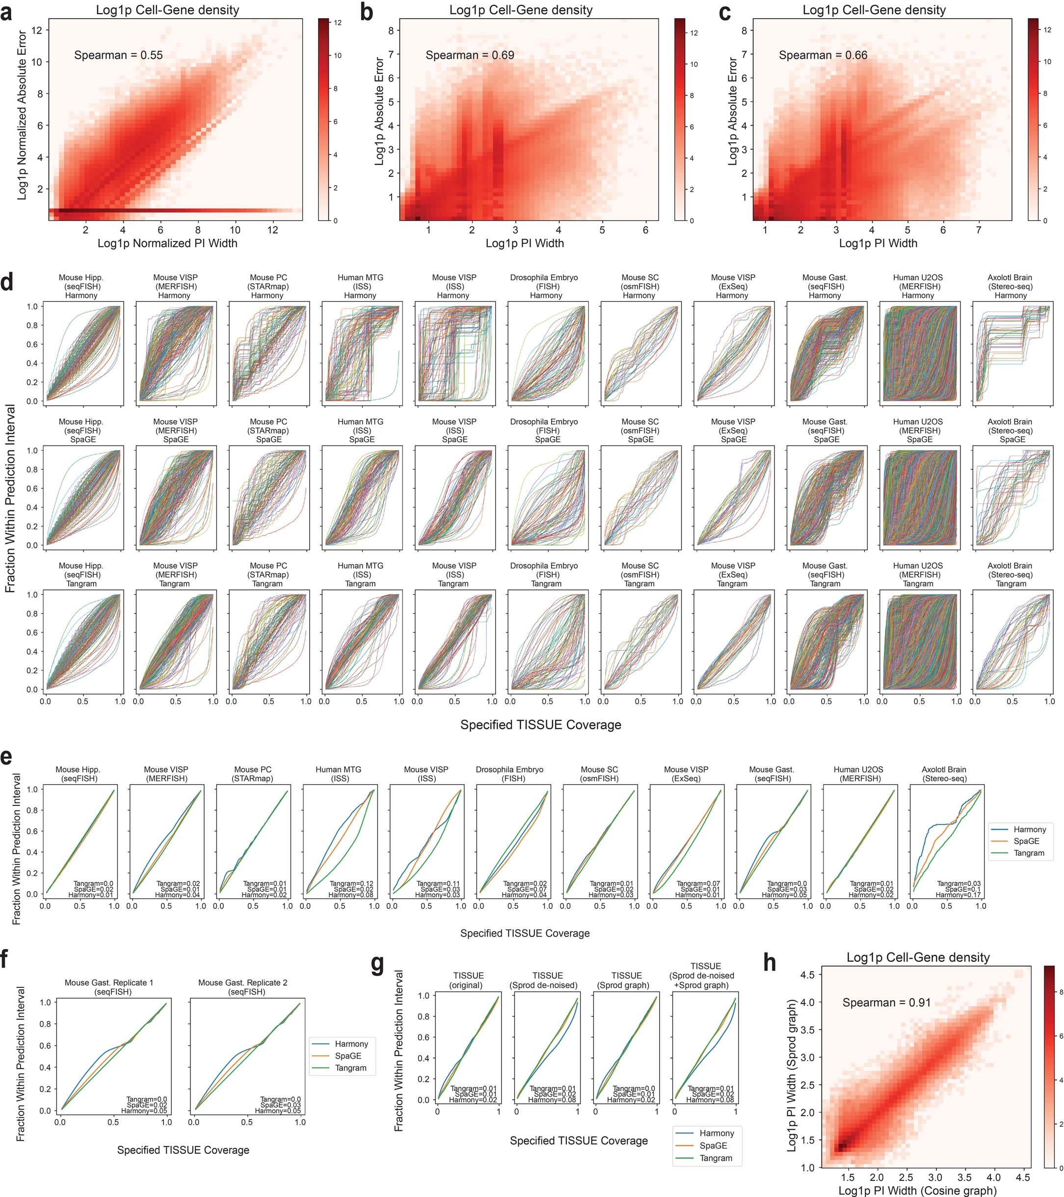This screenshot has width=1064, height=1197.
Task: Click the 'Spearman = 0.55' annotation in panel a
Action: coord(118,55)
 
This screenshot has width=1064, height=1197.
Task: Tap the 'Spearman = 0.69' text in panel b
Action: coord(470,55)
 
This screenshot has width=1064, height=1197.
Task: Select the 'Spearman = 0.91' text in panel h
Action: coord(886,1002)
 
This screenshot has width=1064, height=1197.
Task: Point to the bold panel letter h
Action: coord(770,962)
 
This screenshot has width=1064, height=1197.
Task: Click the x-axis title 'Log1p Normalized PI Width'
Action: coord(167,243)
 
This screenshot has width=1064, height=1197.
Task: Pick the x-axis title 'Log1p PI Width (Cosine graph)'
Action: coord(917,1190)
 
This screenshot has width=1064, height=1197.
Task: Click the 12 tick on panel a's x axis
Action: coord(273,230)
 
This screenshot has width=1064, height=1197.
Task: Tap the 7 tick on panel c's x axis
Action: coord(978,230)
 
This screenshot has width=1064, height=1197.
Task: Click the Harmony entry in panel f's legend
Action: coord(351,1043)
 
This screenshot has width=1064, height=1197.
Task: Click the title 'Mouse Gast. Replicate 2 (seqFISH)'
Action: coord(242,987)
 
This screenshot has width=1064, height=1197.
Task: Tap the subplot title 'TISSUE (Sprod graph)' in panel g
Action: coord(627,980)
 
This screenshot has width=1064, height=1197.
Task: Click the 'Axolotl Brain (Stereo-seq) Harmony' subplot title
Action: coord(1010,286)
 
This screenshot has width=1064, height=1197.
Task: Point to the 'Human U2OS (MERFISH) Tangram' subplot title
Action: coord(918,575)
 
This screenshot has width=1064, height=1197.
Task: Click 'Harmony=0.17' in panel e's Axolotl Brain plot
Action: coord(958,895)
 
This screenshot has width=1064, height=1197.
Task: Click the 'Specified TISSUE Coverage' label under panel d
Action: coord(540,725)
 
